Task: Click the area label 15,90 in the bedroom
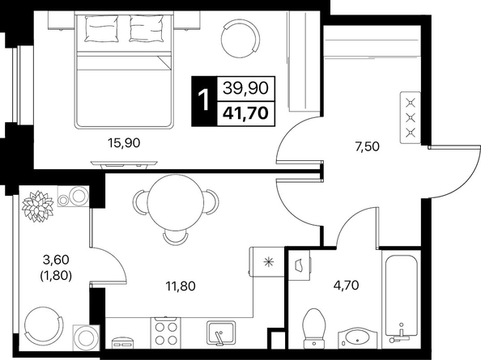[124, 142]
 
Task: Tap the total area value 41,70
[245, 113]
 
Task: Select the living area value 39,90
[245, 88]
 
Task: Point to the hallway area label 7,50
[367, 146]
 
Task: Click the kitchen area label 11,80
[181, 286]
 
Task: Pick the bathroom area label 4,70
[346, 286]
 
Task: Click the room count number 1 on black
[203, 100]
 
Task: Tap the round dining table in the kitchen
[176, 201]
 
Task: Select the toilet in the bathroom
[313, 328]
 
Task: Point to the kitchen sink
[220, 333]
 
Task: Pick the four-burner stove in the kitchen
[166, 332]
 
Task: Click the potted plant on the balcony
[38, 206]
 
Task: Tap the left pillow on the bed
[101, 28]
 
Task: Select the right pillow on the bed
[147, 28]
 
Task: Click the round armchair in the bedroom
[240, 38]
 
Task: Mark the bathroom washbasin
[359, 338]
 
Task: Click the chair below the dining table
[175, 237]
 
